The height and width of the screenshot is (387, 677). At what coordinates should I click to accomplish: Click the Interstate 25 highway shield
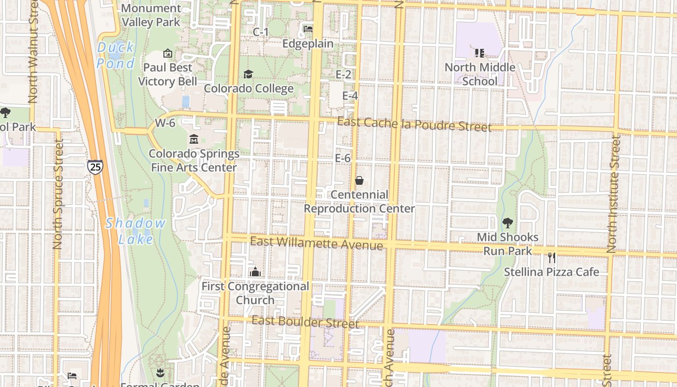(95, 167)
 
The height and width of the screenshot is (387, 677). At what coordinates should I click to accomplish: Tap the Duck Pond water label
(116, 55)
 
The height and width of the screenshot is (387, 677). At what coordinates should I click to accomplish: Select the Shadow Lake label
(136, 231)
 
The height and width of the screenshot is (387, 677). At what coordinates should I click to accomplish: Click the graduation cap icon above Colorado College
(248, 74)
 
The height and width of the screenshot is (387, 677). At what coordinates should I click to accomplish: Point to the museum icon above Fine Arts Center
(194, 139)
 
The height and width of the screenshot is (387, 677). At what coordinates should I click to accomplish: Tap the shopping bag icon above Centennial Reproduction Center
(359, 180)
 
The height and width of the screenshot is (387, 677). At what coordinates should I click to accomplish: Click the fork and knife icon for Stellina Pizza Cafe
(551, 258)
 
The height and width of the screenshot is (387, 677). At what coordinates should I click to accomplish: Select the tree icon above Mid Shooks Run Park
(507, 223)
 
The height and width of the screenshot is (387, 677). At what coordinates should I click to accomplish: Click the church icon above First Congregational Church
(255, 272)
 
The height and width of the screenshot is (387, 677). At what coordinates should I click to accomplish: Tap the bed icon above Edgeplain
(308, 29)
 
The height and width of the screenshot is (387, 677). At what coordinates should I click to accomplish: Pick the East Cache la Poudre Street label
(414, 125)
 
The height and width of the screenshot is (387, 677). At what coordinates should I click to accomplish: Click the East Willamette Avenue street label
(317, 243)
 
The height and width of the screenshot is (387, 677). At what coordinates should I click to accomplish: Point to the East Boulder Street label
(305, 322)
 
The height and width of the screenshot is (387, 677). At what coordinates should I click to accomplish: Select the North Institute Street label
(614, 193)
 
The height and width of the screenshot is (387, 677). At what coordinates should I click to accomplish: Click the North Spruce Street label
(59, 194)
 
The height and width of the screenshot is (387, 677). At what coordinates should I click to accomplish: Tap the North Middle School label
(480, 74)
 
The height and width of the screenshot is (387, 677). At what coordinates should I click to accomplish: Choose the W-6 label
(165, 123)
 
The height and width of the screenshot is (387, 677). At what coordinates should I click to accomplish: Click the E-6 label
(342, 158)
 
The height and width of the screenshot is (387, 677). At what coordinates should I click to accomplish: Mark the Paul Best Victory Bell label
(168, 74)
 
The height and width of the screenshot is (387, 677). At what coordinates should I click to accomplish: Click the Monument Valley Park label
(151, 15)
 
